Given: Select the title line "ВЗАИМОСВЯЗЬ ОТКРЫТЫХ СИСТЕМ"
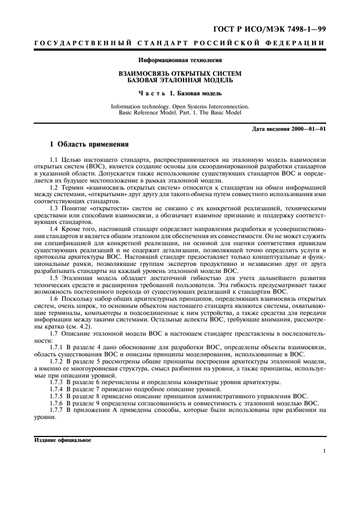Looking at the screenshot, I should (x=180, y=73).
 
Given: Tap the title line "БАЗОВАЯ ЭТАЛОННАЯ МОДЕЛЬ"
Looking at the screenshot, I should (x=180, y=80).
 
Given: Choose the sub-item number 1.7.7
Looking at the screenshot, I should (x=57, y=409).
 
